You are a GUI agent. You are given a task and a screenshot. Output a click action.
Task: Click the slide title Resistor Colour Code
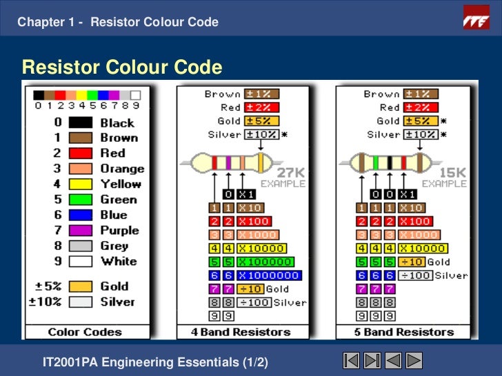pyautogui.click(x=122, y=67)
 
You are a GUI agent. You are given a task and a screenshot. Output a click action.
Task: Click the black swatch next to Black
pyautogui.click(x=80, y=123)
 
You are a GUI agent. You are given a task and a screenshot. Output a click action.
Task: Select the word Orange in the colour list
pyautogui.click(x=122, y=169)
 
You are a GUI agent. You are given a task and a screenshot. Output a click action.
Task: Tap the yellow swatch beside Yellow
pyautogui.click(x=80, y=184)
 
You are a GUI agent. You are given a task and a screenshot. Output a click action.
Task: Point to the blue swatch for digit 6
pyautogui.click(x=80, y=215)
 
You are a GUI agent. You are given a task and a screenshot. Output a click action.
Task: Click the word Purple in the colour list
pyautogui.click(x=119, y=231)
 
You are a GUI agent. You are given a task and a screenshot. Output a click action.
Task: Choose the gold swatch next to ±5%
pyautogui.click(x=80, y=286)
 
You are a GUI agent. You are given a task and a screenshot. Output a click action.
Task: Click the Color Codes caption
pyautogui.click(x=84, y=332)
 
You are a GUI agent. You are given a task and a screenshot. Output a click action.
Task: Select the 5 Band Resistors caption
pyautogui.click(x=405, y=332)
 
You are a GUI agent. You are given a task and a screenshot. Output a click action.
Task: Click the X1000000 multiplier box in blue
pyautogui.click(x=268, y=275)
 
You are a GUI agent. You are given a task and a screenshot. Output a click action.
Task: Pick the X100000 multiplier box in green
pyautogui.click(x=265, y=262)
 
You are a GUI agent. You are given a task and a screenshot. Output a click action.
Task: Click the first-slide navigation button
pyautogui.click(x=351, y=361)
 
